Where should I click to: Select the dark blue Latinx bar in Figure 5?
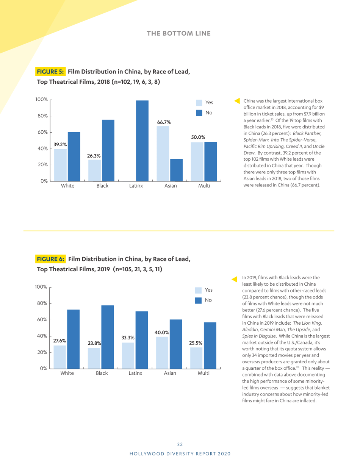click(142, 141)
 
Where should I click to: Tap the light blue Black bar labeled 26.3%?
click(95, 170)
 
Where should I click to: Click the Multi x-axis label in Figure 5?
click(204, 186)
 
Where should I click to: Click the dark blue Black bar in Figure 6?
click(108, 337)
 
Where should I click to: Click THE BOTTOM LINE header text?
click(179, 33)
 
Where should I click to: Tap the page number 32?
click(180, 444)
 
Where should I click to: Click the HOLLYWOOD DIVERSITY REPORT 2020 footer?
click(180, 453)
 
